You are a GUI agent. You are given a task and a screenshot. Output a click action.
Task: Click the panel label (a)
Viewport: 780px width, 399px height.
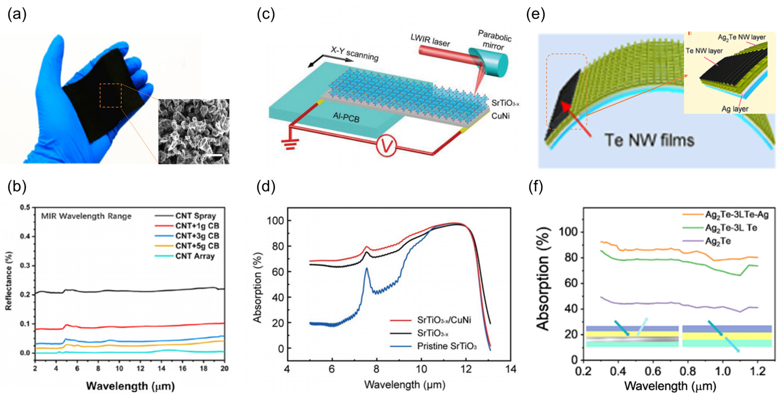click(x=17, y=14)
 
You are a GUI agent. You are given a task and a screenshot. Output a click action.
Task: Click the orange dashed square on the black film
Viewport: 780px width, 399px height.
click(x=111, y=95)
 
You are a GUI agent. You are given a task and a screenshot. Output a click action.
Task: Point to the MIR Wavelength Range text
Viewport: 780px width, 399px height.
click(x=86, y=216)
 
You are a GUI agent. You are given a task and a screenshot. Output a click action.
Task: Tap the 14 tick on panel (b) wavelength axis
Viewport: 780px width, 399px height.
click(x=161, y=368)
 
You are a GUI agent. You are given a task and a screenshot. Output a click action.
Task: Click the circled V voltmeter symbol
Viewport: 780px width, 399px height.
click(x=386, y=146)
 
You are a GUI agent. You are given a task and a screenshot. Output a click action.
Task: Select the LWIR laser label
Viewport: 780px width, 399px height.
click(x=430, y=40)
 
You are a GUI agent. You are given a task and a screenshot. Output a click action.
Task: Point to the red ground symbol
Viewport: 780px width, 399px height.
click(x=290, y=144)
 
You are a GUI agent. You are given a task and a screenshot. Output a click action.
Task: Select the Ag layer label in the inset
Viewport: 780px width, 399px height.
click(x=735, y=109)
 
